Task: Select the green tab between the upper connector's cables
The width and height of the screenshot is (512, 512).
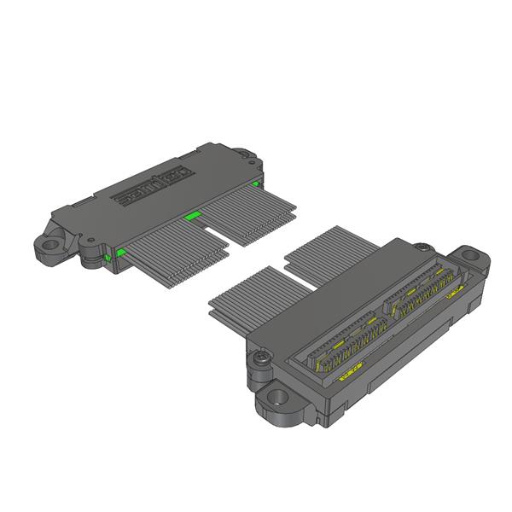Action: (193, 217)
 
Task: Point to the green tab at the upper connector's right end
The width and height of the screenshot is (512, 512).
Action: (254, 183)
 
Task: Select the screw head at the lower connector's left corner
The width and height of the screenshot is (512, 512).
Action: (259, 357)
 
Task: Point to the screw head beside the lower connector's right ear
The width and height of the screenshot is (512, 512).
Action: (424, 246)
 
